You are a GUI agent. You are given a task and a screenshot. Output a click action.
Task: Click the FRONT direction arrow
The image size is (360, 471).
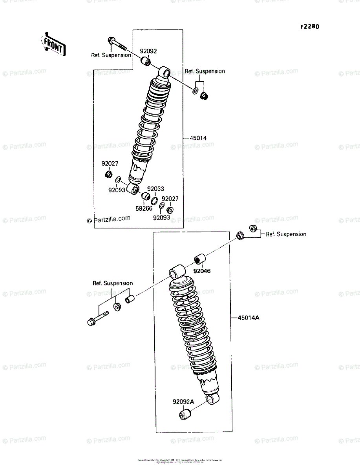tap(53, 44)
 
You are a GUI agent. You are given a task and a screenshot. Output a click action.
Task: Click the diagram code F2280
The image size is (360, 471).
tap(309, 27)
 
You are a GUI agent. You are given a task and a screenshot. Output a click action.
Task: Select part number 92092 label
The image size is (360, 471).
tap(149, 51)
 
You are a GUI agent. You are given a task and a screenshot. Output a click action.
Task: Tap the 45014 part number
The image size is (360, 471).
tap(198, 138)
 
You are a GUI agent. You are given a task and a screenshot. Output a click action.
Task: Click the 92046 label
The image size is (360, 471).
tap(201, 271)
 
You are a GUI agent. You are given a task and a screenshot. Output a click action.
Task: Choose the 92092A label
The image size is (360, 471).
tap(183, 402)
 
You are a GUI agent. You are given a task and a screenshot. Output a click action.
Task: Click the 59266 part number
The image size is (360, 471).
tap(144, 208)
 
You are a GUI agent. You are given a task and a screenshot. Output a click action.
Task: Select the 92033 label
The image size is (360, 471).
tap(155, 189)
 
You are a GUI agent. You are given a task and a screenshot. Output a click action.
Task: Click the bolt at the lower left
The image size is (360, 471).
tap(98, 318)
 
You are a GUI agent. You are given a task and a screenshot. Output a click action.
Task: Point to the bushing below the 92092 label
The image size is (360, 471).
tap(146, 61)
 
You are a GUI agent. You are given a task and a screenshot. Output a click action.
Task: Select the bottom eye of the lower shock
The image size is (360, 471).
tap(212, 400)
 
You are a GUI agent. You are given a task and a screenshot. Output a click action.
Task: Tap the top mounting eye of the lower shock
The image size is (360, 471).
tap(176, 272)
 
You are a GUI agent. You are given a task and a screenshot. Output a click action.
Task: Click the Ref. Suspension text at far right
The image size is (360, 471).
tap(286, 234)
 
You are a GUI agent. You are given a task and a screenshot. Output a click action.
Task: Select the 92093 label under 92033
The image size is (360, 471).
tap(161, 217)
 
